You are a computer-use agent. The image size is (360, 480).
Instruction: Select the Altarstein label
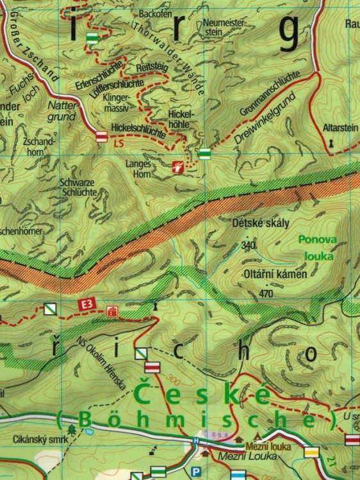[340, 128]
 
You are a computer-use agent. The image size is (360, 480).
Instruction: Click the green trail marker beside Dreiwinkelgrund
[204, 154]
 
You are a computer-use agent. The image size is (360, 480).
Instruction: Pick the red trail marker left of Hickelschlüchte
[101, 136]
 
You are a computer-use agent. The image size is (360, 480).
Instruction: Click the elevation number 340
[248, 244]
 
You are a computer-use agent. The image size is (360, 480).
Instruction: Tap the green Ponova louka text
[316, 248]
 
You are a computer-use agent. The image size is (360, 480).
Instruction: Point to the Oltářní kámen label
[275, 273]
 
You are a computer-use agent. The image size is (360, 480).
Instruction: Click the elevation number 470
[265, 294]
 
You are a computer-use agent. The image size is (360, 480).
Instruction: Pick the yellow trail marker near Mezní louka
[311, 452]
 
